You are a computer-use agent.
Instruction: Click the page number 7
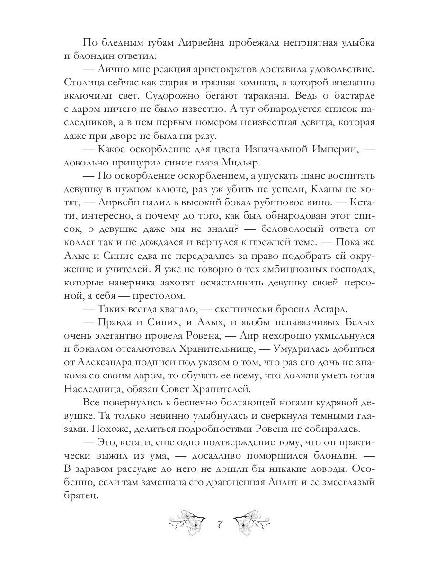click(219, 525)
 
